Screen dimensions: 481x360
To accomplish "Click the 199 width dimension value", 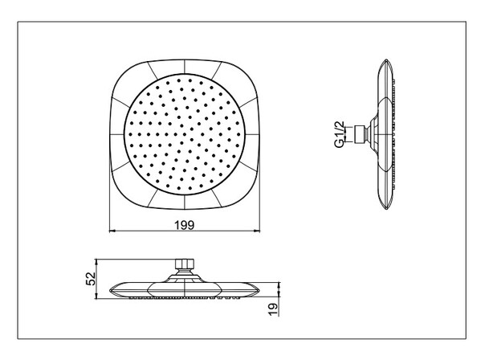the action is (185, 225).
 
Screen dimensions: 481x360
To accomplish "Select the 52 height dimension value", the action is (91, 279).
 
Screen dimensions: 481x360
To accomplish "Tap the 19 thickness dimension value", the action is (272, 309).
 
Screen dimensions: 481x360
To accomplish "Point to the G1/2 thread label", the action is (339, 134).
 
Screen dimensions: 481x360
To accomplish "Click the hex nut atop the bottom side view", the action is (185, 264).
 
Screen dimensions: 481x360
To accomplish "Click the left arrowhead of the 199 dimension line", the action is (112, 231).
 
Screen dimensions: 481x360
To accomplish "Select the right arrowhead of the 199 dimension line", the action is (258, 231).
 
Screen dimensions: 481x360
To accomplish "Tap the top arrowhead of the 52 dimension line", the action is (96, 261).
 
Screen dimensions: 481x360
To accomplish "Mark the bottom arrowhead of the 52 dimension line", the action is (96, 297).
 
